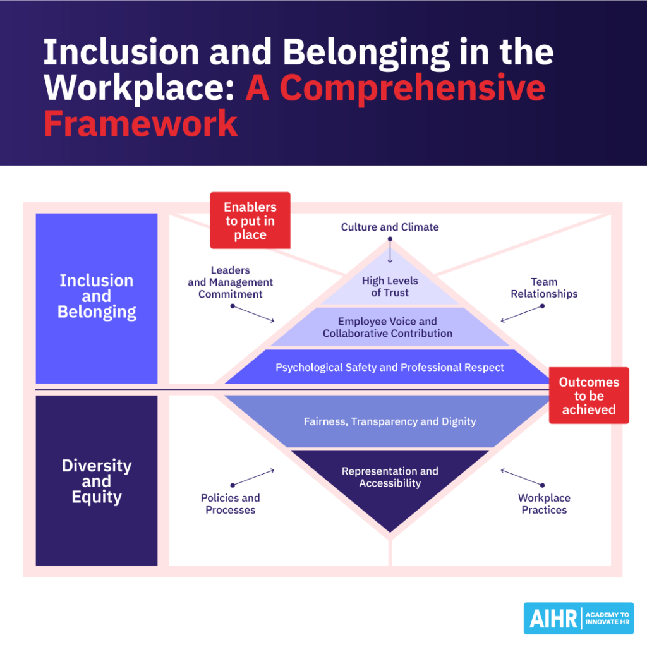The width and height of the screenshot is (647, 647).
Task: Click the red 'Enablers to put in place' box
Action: click(x=250, y=221)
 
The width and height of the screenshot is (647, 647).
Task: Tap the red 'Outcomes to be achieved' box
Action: click(x=588, y=396)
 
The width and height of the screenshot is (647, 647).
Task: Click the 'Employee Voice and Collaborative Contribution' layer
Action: click(x=387, y=327)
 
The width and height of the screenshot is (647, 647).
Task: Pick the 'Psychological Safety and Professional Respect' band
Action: click(x=389, y=367)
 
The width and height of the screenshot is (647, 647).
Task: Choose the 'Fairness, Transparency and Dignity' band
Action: click(x=389, y=421)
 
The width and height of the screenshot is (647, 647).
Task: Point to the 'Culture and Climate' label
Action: click(x=390, y=227)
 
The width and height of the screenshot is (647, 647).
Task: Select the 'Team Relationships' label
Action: click(x=544, y=288)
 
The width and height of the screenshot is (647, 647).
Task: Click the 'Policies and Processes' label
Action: click(x=230, y=504)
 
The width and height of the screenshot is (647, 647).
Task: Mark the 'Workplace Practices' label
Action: click(x=544, y=504)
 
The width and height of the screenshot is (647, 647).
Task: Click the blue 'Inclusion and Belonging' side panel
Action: click(x=97, y=298)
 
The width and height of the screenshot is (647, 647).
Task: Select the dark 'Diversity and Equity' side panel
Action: click(x=97, y=481)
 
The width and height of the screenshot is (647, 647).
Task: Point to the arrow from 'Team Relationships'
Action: click(x=522, y=314)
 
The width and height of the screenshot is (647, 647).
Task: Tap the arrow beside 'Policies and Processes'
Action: click(x=253, y=477)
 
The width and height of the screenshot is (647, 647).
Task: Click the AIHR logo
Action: click(x=578, y=618)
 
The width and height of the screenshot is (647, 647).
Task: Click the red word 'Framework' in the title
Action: click(x=140, y=123)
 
